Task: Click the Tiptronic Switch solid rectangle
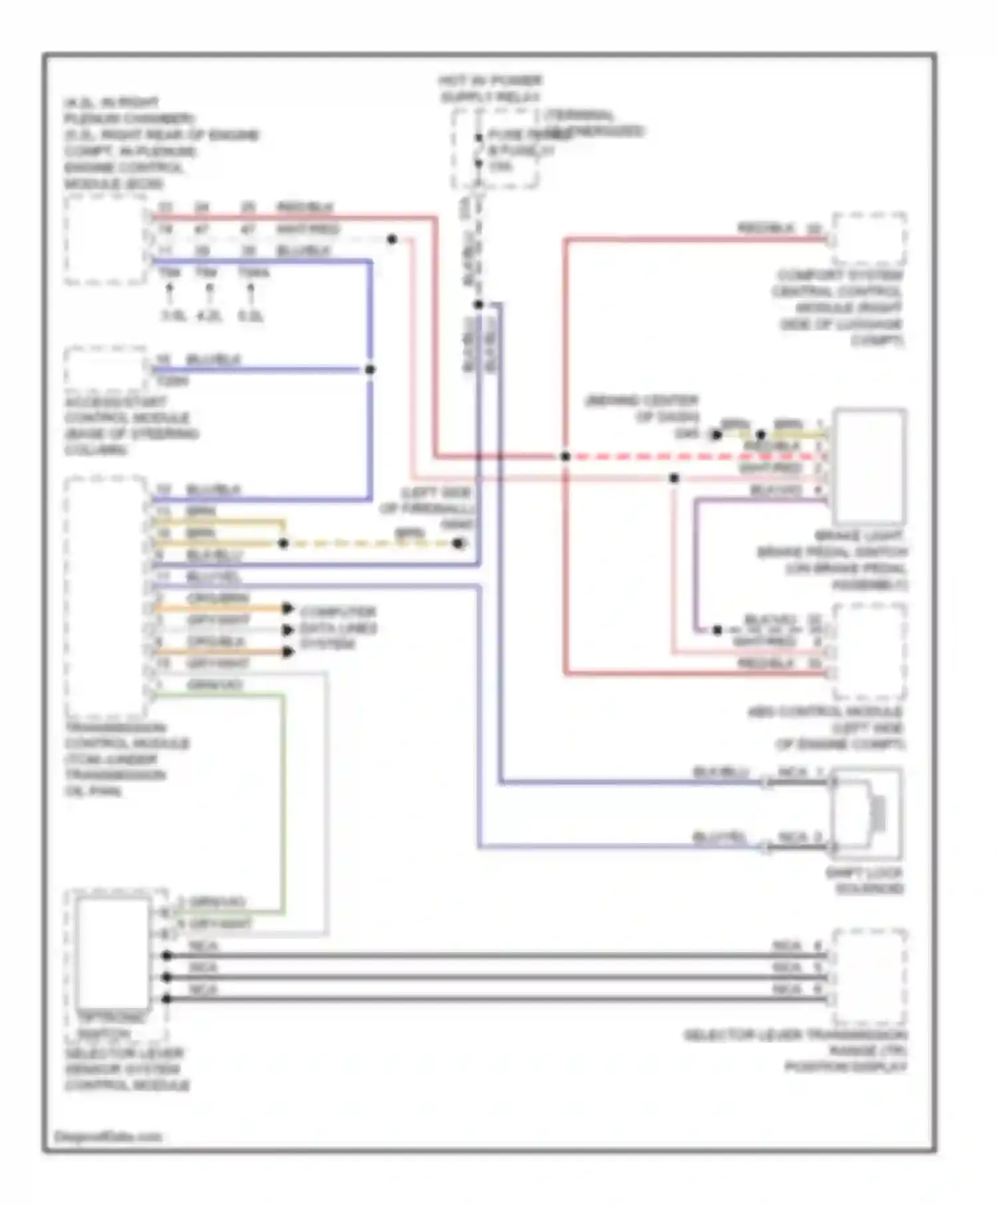(113, 952)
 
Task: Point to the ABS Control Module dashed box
(869, 652)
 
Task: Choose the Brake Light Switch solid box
(869, 465)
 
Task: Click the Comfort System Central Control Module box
(869, 239)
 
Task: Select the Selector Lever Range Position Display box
(869, 976)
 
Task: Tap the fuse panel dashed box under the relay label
(495, 149)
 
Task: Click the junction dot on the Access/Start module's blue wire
(370, 370)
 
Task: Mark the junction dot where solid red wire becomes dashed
(565, 457)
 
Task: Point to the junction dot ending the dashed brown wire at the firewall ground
(458, 543)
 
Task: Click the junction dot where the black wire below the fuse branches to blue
(479, 304)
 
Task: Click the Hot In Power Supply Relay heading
(491, 88)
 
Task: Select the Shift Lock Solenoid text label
(864, 881)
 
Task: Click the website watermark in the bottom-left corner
(108, 1136)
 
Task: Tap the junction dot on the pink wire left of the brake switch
(674, 478)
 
